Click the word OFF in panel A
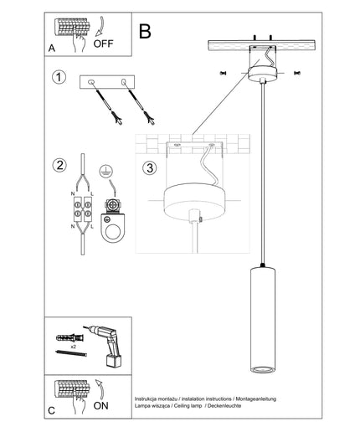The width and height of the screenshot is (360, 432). pyautogui.click(x=103, y=44)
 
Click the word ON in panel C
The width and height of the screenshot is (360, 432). pyautogui.click(x=100, y=406)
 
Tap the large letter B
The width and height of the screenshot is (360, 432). pyautogui.click(x=145, y=31)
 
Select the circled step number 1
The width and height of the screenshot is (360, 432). pyautogui.click(x=59, y=77)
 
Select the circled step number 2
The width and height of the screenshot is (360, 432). pyautogui.click(x=59, y=165)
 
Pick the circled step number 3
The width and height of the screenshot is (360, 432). pyautogui.click(x=150, y=168)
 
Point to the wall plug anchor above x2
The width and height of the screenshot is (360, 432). pyautogui.click(x=69, y=337)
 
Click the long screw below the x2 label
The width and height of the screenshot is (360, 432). pyautogui.click(x=71, y=353)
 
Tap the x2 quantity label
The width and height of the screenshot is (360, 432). pyautogui.click(x=74, y=347)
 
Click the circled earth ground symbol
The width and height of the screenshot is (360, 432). pyautogui.click(x=105, y=171)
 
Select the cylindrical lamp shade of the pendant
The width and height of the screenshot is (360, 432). pyautogui.click(x=263, y=320)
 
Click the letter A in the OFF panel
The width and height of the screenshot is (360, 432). pyautogui.click(x=52, y=49)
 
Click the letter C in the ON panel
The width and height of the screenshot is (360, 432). pyautogui.click(x=52, y=410)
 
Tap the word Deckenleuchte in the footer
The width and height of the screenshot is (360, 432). pyautogui.click(x=224, y=406)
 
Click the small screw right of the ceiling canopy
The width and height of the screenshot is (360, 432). pyautogui.click(x=297, y=73)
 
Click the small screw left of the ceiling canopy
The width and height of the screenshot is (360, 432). pyautogui.click(x=223, y=73)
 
